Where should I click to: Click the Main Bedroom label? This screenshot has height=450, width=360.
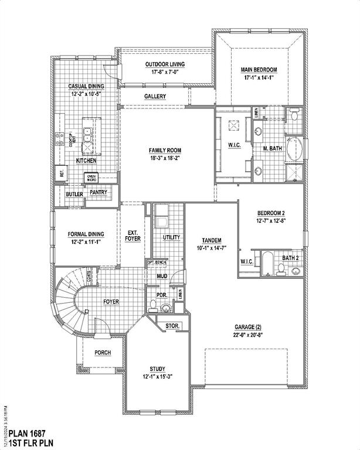[x=259, y=69]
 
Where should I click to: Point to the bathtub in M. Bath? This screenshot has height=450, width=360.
[x=297, y=149]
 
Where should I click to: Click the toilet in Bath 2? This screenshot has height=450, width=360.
[x=281, y=269]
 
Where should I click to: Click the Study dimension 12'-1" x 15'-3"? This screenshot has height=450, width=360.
[x=157, y=376]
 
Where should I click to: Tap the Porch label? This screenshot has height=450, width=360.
[x=103, y=352]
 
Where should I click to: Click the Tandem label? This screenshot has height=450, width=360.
[x=211, y=240]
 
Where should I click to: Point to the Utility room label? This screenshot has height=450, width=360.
[x=171, y=237]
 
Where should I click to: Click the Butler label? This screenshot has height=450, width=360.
[x=74, y=194]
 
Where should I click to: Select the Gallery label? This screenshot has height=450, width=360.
[x=155, y=97]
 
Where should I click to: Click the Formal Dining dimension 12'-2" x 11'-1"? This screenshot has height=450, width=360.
[x=86, y=241]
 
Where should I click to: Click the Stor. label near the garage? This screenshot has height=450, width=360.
[x=172, y=325]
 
